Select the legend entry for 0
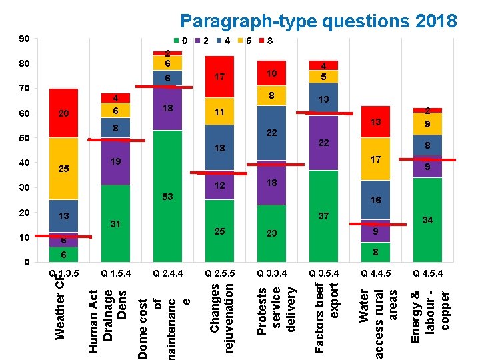coord(181,41)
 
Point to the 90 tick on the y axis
coord(24,39)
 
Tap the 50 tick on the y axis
coord(24,138)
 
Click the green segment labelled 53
coord(168,197)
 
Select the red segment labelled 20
coord(64,113)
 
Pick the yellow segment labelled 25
coord(64,169)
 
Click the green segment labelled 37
coord(324,216)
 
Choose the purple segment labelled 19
coord(116,162)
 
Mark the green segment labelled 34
coord(427,220)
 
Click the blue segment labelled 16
coord(376,200)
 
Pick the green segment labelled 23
coord(272,233)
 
